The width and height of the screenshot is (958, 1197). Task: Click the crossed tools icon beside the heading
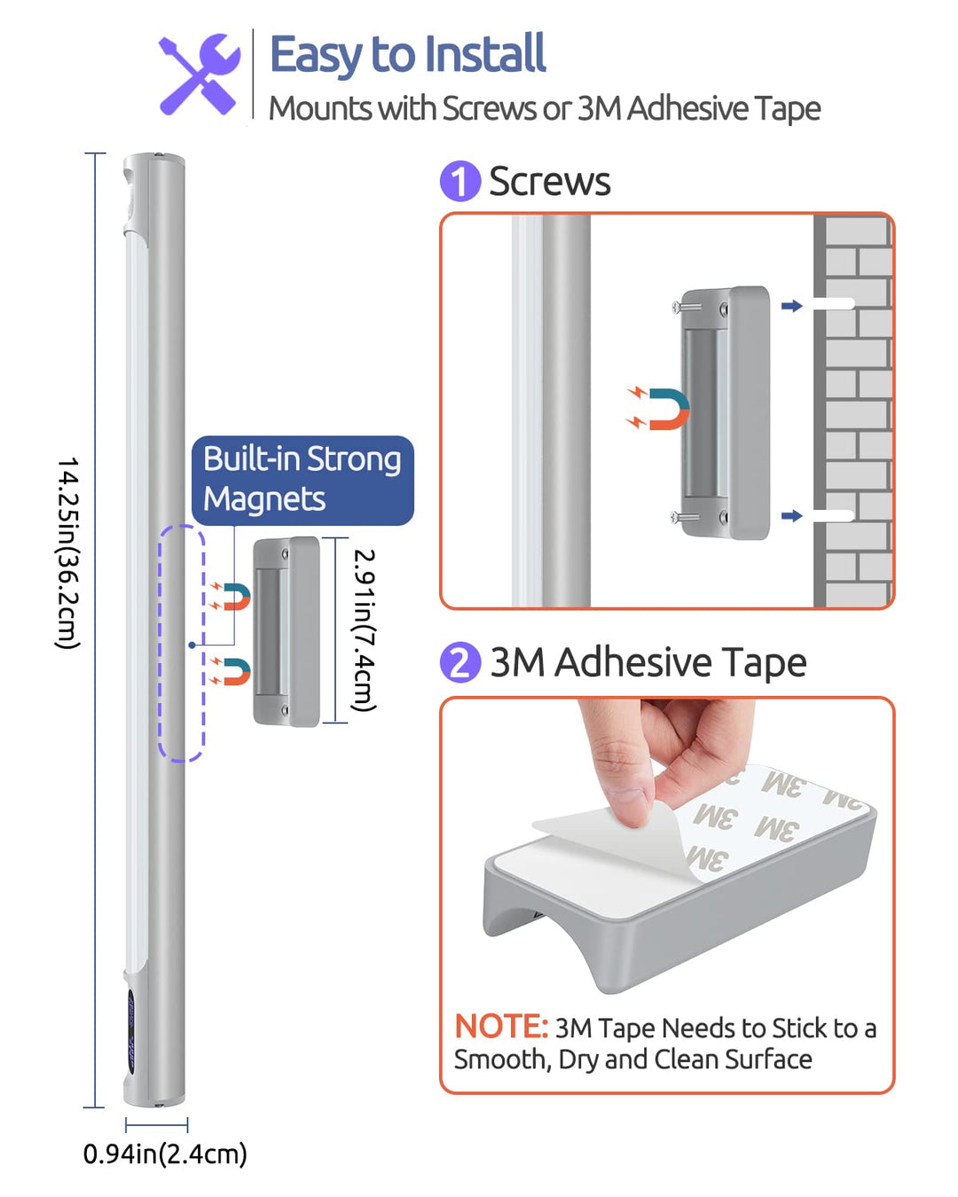[x=200, y=74]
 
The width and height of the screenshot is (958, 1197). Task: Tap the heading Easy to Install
[x=407, y=55]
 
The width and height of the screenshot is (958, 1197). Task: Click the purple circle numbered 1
[x=459, y=181]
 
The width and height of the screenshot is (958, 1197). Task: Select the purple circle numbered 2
[x=459, y=661]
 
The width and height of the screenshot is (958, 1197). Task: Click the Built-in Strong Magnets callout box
[x=302, y=480]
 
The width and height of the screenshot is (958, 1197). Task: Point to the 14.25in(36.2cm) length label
[x=68, y=553]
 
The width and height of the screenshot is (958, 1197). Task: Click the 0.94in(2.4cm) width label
[x=165, y=1154]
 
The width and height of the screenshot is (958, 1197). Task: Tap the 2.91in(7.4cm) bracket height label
[x=364, y=630]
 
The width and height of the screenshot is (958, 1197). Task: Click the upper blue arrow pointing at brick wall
[x=791, y=305]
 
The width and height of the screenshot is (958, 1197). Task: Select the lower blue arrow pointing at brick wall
[x=791, y=516]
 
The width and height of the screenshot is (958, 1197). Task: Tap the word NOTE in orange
[x=501, y=1026]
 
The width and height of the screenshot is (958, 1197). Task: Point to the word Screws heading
[x=549, y=182]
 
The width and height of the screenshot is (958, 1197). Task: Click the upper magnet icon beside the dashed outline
[x=231, y=596]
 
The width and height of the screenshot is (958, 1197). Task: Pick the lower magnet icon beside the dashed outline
[x=231, y=671]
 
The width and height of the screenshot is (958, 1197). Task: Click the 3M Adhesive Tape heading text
[x=648, y=662]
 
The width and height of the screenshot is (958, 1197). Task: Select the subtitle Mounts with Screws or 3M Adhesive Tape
[x=545, y=108]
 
